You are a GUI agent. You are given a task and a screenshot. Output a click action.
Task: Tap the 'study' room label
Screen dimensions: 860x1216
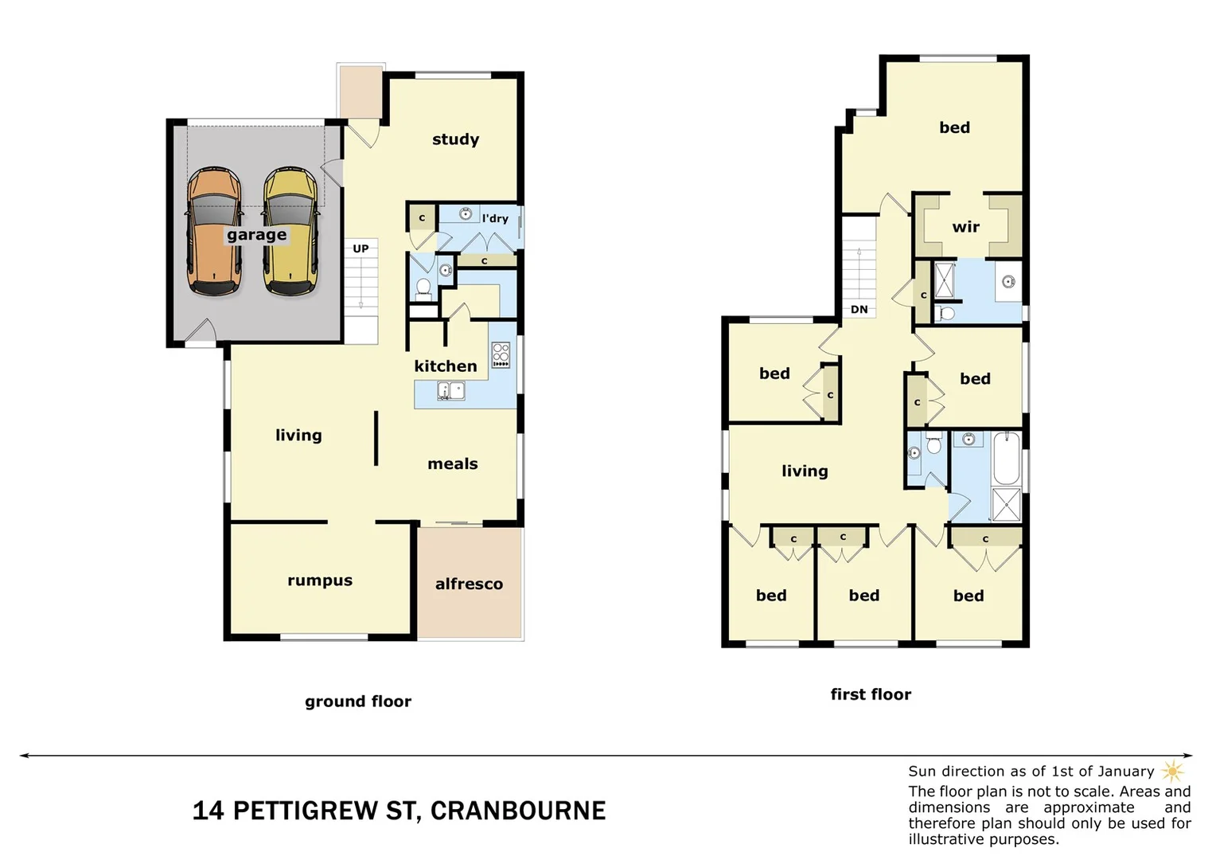pos(455,139)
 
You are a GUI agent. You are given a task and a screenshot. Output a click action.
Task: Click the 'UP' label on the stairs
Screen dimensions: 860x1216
pos(361,248)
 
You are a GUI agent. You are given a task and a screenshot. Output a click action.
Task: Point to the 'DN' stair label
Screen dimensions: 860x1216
pos(859,309)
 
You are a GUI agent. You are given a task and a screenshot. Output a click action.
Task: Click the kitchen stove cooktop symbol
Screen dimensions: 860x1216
pos(501,354)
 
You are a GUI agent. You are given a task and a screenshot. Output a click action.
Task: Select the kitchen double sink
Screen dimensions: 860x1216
pos(451,391)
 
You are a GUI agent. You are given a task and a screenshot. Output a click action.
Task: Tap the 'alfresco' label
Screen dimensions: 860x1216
pos(469,584)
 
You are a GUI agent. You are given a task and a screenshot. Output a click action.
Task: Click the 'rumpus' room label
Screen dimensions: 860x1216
pos(320,580)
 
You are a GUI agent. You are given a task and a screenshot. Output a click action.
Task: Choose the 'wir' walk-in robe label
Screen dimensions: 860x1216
pos(965,227)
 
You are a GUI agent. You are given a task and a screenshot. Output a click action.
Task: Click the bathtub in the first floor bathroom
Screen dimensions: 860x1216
pos(1007,458)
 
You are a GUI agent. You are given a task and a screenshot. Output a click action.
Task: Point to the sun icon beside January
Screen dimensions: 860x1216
pos(1172,771)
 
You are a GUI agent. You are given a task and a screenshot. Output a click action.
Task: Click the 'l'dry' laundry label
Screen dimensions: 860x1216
pos(495,218)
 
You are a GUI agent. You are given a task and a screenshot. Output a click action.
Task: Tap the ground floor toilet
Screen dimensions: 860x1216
pos(423,287)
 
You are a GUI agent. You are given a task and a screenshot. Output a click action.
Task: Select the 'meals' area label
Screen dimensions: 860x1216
pos(453,463)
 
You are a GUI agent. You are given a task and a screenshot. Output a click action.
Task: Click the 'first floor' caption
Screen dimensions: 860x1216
pos(871,694)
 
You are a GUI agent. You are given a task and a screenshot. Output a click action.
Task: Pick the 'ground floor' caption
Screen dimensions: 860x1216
pos(358,702)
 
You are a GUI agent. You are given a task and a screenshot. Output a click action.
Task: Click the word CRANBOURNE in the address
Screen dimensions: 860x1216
pos(518,811)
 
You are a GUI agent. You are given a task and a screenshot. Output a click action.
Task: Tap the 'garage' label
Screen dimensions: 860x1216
pos(256,235)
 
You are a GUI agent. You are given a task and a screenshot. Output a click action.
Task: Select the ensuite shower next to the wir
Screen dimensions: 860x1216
pos(945,279)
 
